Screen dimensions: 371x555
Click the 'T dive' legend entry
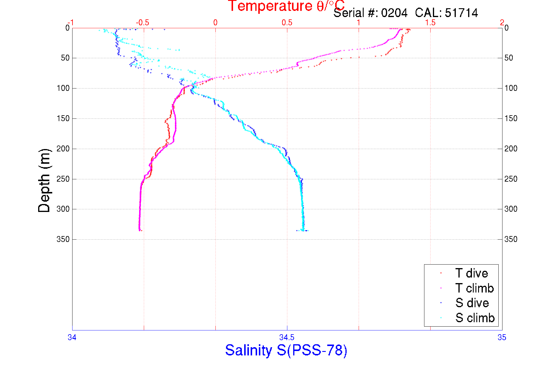pyautogui.click(x=471, y=273)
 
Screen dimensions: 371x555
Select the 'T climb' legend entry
pyautogui.click(x=474, y=288)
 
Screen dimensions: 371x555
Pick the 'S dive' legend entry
pyautogui.click(x=472, y=303)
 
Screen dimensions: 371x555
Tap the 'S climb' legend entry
pyautogui.click(x=475, y=318)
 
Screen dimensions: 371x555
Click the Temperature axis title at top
pyautogui.click(x=286, y=6)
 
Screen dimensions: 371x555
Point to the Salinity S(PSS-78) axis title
pyautogui.click(x=286, y=350)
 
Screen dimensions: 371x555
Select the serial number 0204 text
pyautogui.click(x=394, y=13)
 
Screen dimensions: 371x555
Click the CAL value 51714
pyautogui.click(x=461, y=13)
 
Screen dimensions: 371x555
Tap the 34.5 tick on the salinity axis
pyautogui.click(x=287, y=337)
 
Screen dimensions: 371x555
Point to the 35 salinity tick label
pyautogui.click(x=502, y=337)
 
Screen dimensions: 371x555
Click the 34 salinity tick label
pyautogui.click(x=72, y=337)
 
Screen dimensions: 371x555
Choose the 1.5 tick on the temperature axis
pyautogui.click(x=430, y=23)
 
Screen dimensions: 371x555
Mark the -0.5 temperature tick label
pyautogui.click(x=143, y=23)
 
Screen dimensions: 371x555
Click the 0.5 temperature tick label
pyautogui.click(x=287, y=23)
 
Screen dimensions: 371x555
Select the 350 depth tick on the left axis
pyautogui.click(x=63, y=239)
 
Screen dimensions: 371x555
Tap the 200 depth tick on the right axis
pyautogui.click(x=511, y=149)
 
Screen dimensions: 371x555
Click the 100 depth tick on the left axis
pyautogui.click(x=63, y=88)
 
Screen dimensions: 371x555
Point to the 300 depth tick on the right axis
pyautogui.click(x=511, y=209)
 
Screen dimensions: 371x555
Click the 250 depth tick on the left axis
pyautogui.click(x=63, y=179)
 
